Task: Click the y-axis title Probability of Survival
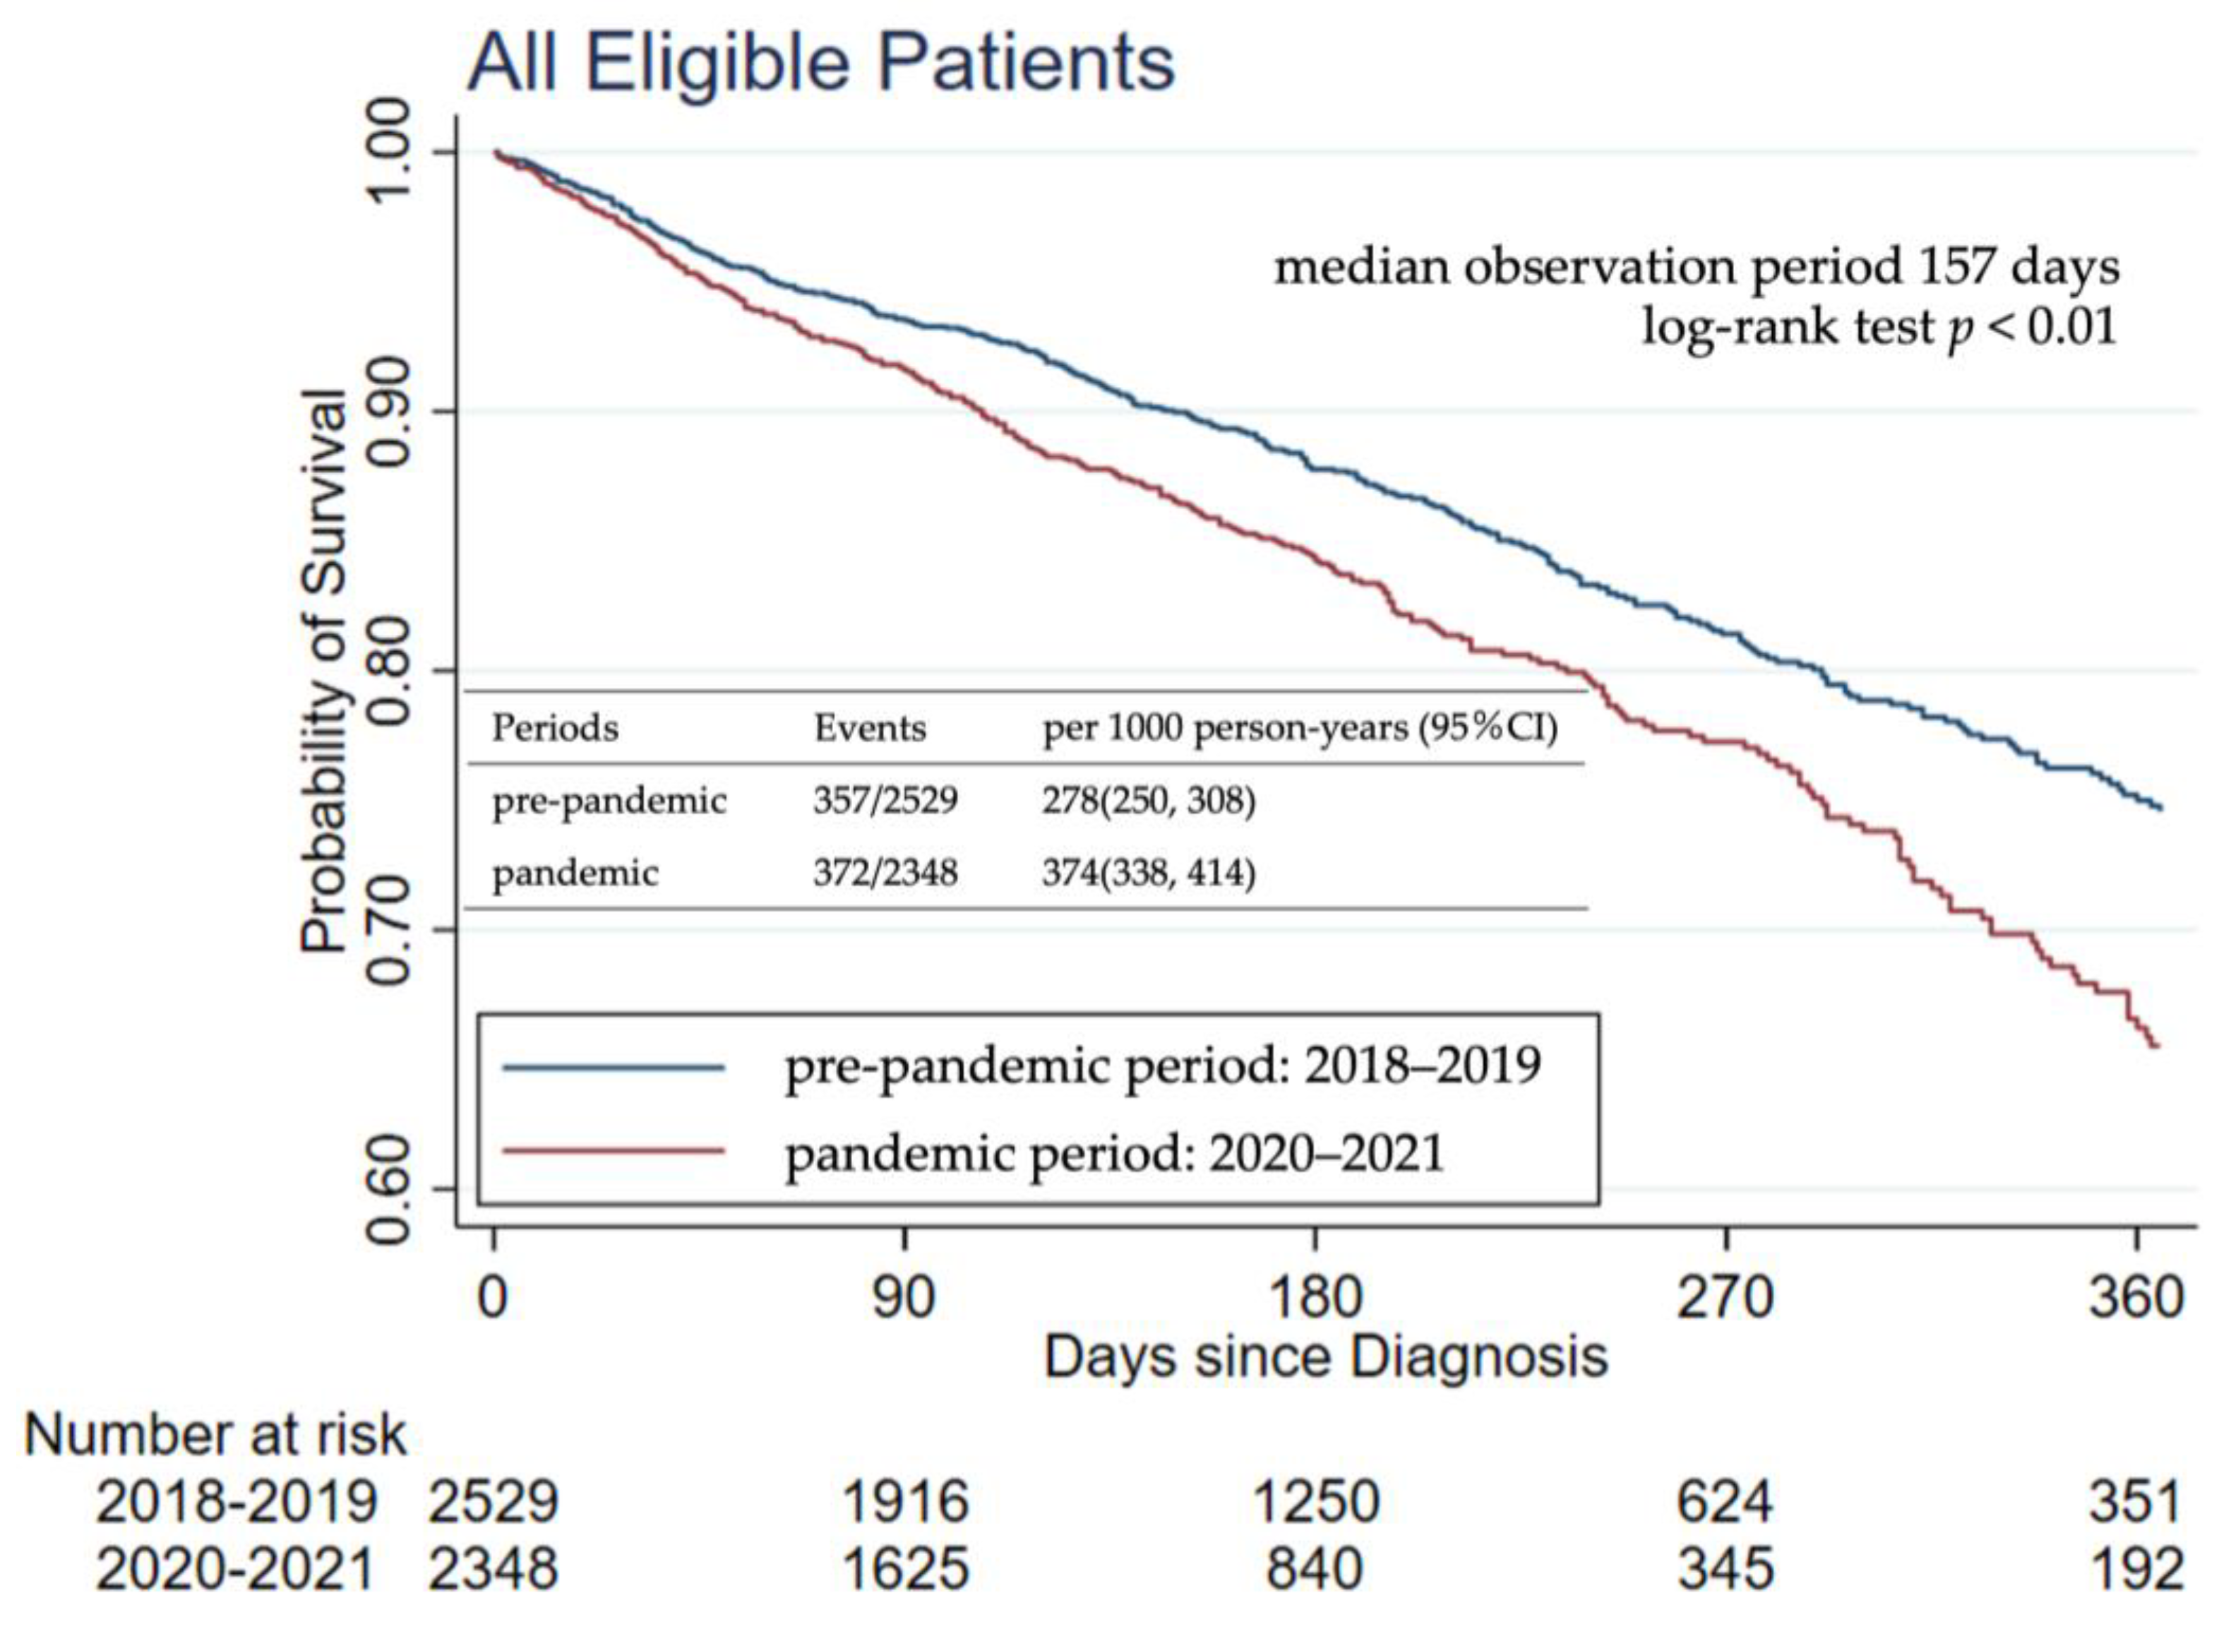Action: click(x=325, y=672)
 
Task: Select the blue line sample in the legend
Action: click(x=614, y=1068)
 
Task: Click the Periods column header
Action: click(x=554, y=728)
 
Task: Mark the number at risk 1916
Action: click(x=905, y=1501)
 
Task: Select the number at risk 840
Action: click(x=1314, y=1570)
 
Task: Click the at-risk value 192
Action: click(x=2136, y=1570)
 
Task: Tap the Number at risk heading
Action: click(x=215, y=1434)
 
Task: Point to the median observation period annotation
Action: click(x=1697, y=266)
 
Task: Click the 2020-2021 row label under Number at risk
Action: click(x=235, y=1570)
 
